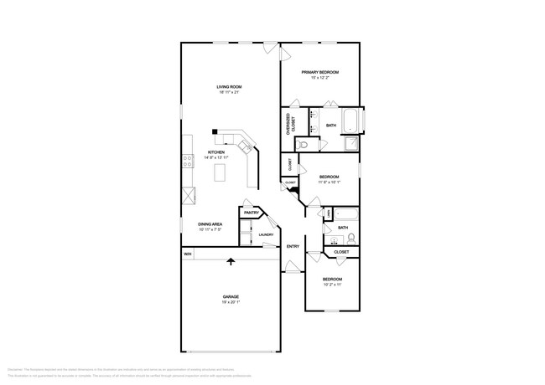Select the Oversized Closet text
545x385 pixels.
288,125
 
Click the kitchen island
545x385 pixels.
221,172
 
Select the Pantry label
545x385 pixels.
251,213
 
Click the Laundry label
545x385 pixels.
266,234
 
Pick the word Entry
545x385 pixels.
293,246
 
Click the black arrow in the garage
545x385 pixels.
231,263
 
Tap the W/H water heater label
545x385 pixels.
188,254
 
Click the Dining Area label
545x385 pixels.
210,224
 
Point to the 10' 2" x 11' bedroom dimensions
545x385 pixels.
333,285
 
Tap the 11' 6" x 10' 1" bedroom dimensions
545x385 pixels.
329,182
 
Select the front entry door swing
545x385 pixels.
292,267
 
